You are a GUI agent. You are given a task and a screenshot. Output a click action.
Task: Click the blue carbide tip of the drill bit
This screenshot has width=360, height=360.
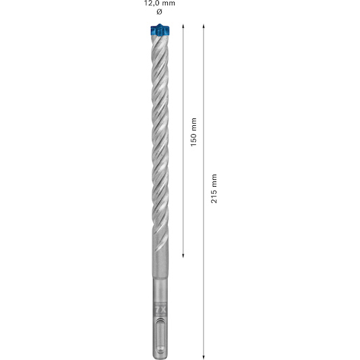pos(160,30)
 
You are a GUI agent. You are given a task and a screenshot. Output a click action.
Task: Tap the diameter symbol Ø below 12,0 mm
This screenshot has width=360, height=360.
pos(159,12)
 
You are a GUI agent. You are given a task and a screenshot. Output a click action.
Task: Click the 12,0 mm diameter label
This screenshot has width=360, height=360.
pos(159,3)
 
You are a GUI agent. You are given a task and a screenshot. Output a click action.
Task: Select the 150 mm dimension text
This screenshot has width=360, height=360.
pos(194,132)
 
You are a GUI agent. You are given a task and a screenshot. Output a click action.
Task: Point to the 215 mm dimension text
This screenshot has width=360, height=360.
pos(214,189)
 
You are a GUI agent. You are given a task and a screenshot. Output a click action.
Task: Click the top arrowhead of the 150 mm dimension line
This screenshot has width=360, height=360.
pos(183,26)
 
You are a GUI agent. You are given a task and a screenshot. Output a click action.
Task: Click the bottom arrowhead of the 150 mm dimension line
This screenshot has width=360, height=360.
pos(183,256)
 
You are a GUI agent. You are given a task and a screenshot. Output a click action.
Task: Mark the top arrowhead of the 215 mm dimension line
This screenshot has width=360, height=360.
pos(204,26)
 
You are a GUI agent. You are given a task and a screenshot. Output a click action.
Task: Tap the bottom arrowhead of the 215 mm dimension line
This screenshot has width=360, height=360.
pos(204,357)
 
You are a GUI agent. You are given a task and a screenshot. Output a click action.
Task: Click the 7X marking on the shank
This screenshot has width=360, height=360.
pos(160,309)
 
